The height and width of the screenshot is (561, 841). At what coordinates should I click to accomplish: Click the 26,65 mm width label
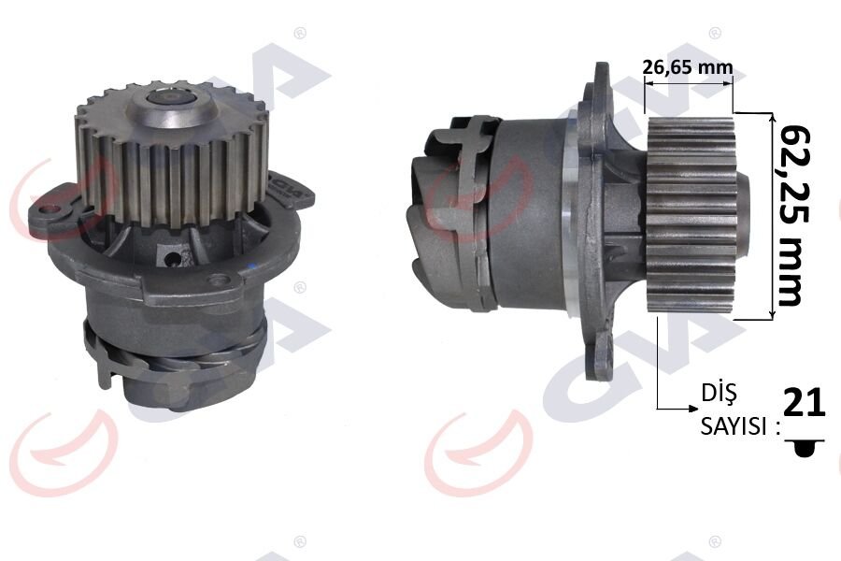(x=688, y=67)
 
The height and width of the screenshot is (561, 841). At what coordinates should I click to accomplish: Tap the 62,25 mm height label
(x=789, y=214)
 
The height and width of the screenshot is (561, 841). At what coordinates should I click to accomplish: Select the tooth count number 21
(x=804, y=403)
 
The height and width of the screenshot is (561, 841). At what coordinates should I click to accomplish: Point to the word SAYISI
(x=734, y=427)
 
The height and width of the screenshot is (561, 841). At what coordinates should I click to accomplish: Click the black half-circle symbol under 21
(x=804, y=450)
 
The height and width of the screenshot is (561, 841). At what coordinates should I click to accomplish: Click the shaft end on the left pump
(x=171, y=95)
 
